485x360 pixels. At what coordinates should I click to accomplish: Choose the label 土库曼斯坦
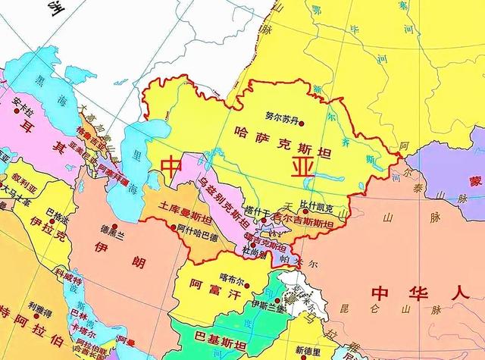(x=186, y=208)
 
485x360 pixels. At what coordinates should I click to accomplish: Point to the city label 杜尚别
(x=254, y=249)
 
